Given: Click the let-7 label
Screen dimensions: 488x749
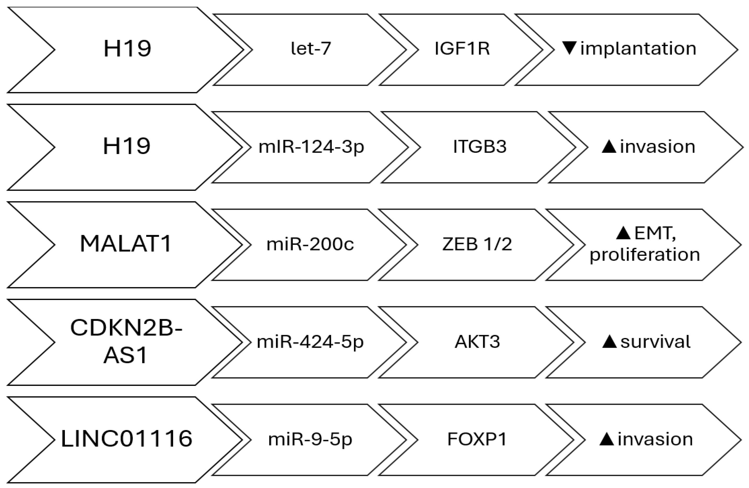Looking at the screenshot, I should tap(311, 49).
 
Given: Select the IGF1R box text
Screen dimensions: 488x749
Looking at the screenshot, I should tap(462, 49).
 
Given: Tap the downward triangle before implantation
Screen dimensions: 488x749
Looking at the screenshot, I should tap(569, 48).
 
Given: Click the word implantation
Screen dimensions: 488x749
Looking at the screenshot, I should tap(638, 49).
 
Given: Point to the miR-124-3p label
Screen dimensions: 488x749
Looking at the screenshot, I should tap(311, 147).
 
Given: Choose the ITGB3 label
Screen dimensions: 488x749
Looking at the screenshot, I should tap(480, 147).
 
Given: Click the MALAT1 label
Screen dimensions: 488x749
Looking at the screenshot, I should tap(126, 244).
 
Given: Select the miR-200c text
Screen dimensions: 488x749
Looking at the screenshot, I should tap(310, 244).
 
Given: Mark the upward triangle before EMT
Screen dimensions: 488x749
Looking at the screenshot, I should tap(623, 233).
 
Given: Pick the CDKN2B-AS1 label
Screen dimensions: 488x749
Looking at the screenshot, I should tap(126, 342).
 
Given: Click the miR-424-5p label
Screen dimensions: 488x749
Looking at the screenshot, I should tap(310, 342).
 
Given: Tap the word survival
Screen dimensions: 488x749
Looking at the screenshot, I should tap(655, 342).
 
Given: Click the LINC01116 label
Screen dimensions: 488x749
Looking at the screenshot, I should tap(126, 439).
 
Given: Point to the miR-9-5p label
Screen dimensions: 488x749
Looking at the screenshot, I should tap(310, 440).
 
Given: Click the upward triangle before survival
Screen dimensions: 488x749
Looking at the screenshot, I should tap(609, 342).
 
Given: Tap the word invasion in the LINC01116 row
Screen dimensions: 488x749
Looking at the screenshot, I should tap(655, 440).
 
